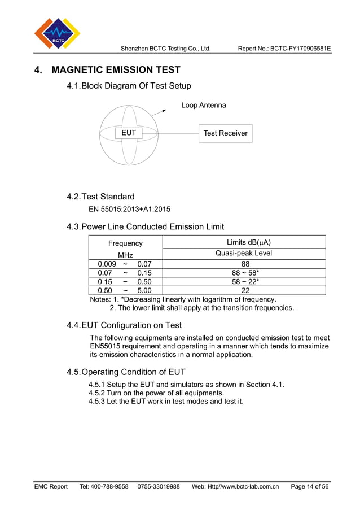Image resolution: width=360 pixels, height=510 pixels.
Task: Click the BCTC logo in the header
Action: point(57,33)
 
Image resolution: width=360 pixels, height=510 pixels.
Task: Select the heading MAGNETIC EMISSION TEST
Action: point(116,70)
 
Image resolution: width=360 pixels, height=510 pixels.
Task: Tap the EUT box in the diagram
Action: point(129,133)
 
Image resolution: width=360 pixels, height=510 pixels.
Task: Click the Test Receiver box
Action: point(225,133)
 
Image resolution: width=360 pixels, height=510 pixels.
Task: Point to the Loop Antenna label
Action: point(203,105)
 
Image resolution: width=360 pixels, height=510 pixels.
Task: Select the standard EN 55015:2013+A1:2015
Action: point(129,209)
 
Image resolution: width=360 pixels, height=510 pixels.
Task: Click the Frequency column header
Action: point(125,243)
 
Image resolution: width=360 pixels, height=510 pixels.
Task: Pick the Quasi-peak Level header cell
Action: point(244,253)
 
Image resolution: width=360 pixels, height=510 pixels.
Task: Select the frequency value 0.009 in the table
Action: point(107,264)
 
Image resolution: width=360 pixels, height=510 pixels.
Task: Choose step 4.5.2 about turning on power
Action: point(156,393)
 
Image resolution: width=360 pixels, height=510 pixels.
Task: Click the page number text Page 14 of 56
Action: point(309,486)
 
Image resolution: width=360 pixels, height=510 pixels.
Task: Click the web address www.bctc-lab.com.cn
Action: point(245,486)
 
